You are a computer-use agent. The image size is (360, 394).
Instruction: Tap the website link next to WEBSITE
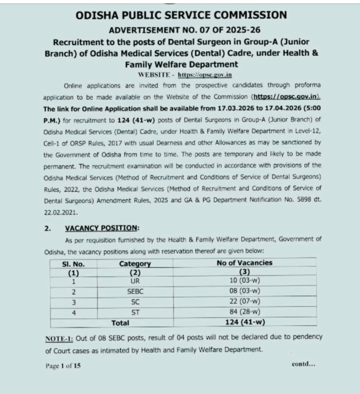click(x=205, y=75)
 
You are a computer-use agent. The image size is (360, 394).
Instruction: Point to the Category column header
click(x=135, y=264)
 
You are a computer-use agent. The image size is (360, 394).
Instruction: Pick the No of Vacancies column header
click(x=244, y=263)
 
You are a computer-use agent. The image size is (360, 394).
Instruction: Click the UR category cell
click(x=135, y=281)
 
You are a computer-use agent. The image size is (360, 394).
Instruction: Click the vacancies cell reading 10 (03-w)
click(x=244, y=281)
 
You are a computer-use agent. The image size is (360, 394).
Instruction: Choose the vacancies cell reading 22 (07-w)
click(x=244, y=302)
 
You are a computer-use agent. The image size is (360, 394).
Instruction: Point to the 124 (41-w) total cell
click(x=244, y=323)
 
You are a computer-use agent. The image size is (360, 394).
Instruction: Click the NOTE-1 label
click(x=59, y=337)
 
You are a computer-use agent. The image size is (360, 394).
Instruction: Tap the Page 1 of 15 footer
click(x=63, y=366)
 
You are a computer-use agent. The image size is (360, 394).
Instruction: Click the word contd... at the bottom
click(x=303, y=364)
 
